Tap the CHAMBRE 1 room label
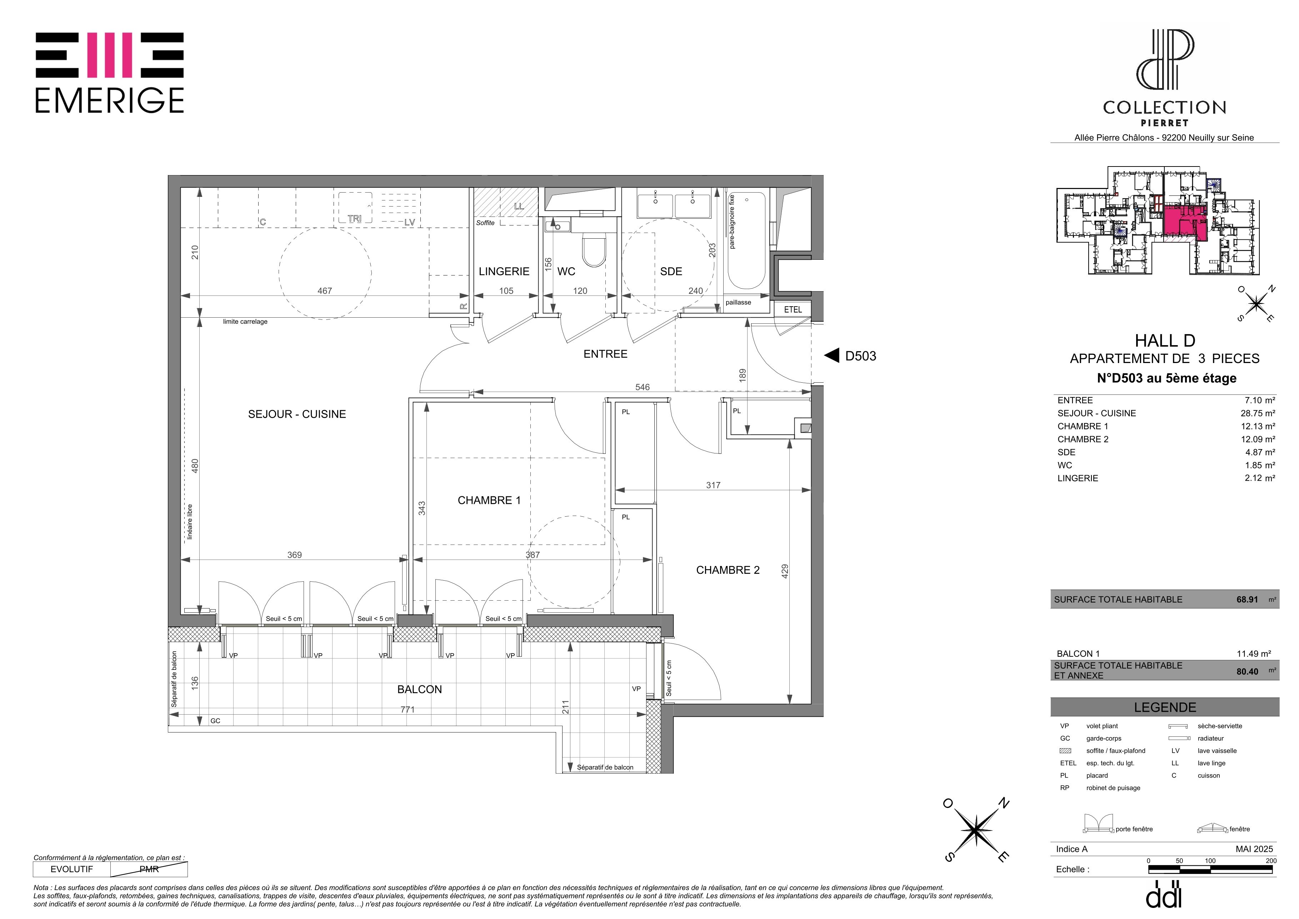tap(489, 500)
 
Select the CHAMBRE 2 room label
tap(728, 570)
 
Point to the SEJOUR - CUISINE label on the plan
tap(297, 414)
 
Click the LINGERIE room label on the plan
tap(504, 272)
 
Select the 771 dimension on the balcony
tap(408, 709)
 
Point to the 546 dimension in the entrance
tap(642, 387)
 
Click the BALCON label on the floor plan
tap(419, 689)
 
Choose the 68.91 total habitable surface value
tap(1247, 599)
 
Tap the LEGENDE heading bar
tap(1165, 707)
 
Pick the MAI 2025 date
tap(1254, 849)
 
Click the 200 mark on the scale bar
tap(1271, 861)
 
